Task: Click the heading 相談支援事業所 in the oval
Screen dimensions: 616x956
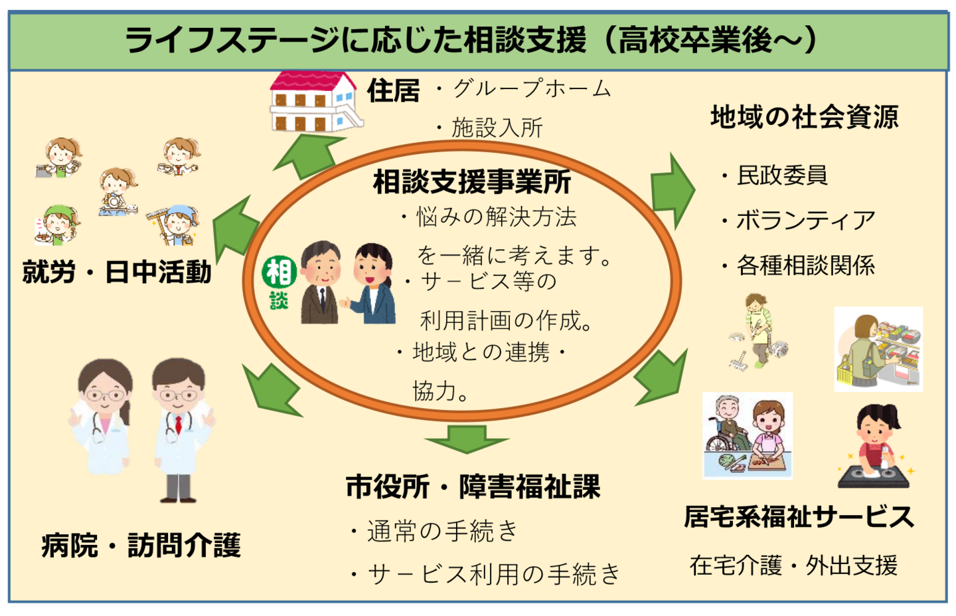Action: [472, 182]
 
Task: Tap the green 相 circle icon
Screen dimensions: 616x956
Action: [279, 272]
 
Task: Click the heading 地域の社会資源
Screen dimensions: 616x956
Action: [804, 117]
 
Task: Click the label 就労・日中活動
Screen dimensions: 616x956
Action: [117, 272]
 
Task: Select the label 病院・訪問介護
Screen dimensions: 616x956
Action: [141, 546]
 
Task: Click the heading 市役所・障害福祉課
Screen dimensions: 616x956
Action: [473, 487]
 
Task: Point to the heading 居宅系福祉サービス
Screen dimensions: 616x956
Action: [799, 516]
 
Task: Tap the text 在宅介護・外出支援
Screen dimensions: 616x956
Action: [793, 565]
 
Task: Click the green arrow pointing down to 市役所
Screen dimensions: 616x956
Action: [467, 439]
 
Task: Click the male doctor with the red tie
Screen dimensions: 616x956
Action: [179, 425]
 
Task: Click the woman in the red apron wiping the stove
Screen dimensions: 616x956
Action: [875, 445]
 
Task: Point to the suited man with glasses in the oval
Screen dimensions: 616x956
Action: [321, 282]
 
